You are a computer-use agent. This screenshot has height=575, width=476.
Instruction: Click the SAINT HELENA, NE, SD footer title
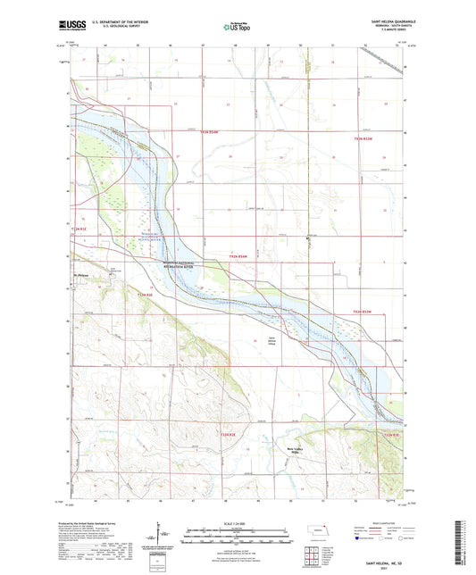point(381,562)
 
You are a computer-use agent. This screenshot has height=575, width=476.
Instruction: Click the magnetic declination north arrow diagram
point(164,537)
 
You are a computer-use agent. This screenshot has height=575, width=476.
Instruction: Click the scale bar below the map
point(237,535)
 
